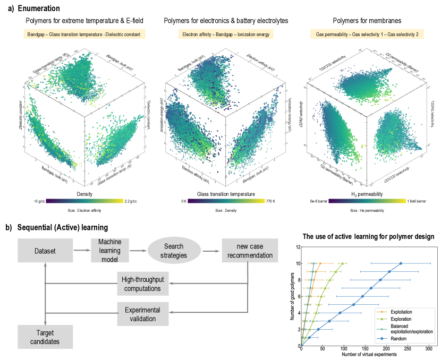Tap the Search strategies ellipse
pos(173,249)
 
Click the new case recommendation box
pos(247,249)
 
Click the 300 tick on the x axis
pos(428,350)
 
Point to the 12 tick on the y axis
pos(299,246)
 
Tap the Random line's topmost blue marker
pos(401,263)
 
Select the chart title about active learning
pos(368,236)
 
